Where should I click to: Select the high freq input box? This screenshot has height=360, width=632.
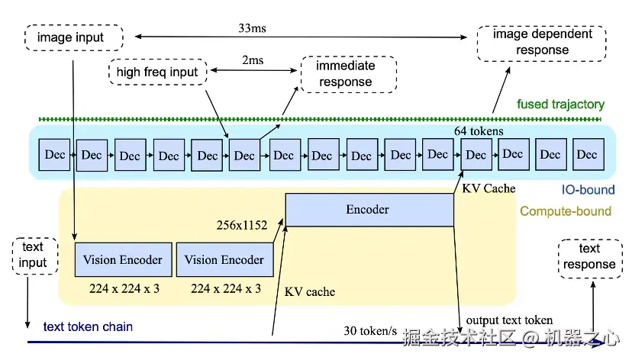coord(157,72)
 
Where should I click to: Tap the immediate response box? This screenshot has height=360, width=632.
coord(346,74)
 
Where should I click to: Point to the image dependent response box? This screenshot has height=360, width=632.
coord(541,43)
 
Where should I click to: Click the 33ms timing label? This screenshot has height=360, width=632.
coord(253,29)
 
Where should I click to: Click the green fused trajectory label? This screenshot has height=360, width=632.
coord(560,104)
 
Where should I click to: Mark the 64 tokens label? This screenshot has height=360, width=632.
coord(479,131)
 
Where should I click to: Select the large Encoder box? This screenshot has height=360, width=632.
coord(369,209)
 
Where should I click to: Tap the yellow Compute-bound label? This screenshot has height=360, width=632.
coord(566,211)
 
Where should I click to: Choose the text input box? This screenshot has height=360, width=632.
coord(33,256)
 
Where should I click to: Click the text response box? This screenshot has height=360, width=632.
coord(589,257)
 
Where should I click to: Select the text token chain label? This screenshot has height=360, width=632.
coord(88,326)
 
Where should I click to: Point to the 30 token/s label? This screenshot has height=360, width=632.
coord(370,330)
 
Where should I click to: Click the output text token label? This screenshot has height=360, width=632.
coord(510,320)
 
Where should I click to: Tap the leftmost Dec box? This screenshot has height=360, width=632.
coord(55,154)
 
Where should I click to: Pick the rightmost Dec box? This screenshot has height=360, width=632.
coord(587,154)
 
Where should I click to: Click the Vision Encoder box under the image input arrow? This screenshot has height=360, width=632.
coord(123,260)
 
